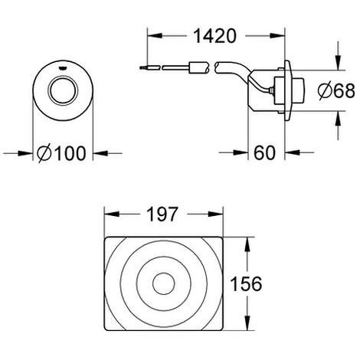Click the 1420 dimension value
(215, 36)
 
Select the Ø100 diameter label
(61, 153)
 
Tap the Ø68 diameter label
(336, 90)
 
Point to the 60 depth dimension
(265, 152)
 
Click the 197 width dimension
(162, 214)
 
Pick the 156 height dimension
(246, 283)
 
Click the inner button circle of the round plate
(63, 91)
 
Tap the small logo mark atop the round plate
(63, 68)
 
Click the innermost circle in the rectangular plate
(164, 283)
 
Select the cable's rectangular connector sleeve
(198, 67)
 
